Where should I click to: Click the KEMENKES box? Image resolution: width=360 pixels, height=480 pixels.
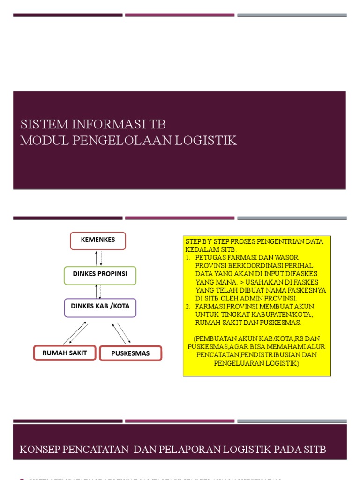[x=98, y=240]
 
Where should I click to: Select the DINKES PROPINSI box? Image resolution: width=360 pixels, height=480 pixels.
[x=100, y=275]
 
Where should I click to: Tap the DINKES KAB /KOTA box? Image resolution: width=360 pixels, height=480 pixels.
[x=100, y=307]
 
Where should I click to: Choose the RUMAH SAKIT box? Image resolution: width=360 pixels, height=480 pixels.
[x=64, y=353]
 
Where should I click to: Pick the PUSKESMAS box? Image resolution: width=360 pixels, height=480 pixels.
[x=130, y=353]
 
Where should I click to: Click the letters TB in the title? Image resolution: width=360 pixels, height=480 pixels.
[x=157, y=125]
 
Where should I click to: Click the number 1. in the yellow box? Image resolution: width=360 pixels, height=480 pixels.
[x=187, y=258]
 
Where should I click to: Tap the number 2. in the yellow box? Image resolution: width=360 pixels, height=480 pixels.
[x=187, y=307]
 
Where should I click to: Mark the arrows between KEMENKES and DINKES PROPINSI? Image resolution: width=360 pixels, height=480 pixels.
[x=98, y=258]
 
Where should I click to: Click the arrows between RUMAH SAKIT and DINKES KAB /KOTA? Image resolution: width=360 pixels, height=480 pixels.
[x=75, y=333]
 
